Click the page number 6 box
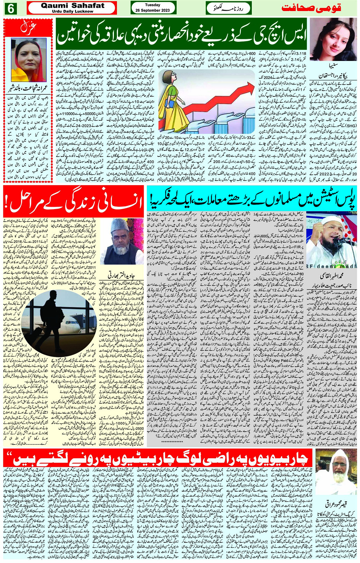[10, 8]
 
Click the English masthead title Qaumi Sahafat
[72, 6]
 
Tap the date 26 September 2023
[152, 10]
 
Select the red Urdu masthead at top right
[311, 8]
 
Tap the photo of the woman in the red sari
[29, 60]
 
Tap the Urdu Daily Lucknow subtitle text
[72, 11]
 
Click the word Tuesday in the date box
[152, 5]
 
